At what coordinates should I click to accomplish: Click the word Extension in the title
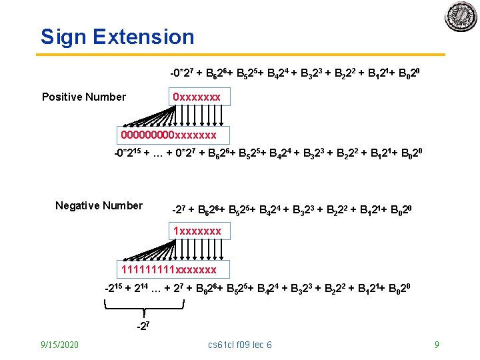coord(144,37)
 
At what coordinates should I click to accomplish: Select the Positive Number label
coord(84,97)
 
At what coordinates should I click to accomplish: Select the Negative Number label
coord(99,205)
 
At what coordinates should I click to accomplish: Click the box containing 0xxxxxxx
coord(197,97)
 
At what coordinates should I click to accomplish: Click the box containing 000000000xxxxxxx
coord(169,135)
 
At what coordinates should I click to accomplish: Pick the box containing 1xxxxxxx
coord(197,231)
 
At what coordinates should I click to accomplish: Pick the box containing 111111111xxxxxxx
coord(169,269)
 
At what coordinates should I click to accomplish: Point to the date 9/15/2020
coord(59,345)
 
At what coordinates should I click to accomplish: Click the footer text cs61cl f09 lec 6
coord(240,345)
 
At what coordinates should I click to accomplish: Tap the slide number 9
coord(437,345)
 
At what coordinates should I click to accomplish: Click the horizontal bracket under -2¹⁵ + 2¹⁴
coord(144,307)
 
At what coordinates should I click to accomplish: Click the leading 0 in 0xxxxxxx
coord(176,97)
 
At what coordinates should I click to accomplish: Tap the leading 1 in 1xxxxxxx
coord(176,231)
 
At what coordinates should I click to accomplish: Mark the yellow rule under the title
coord(240,55)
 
